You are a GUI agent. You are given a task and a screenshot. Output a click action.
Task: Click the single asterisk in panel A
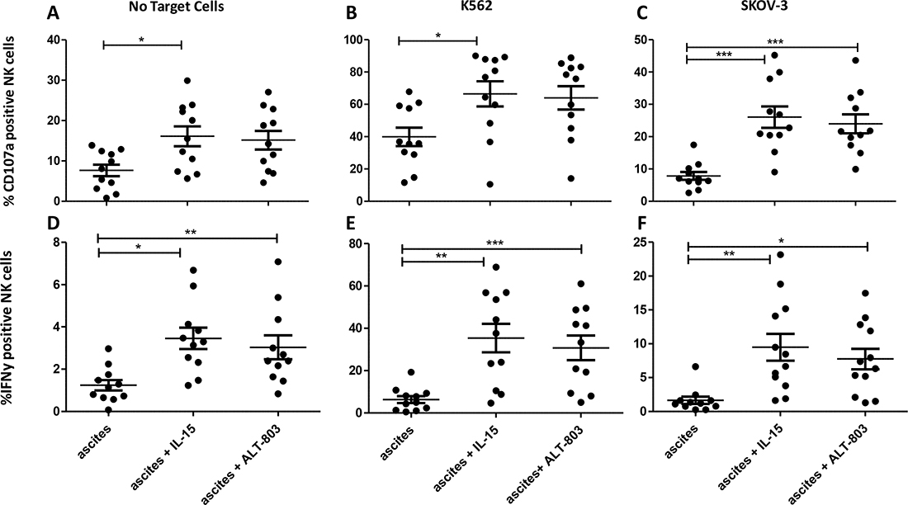click(141, 38)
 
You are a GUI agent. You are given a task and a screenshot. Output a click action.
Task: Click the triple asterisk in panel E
click(492, 239)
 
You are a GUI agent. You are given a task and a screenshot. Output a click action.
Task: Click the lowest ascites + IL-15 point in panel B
click(466, 184)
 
